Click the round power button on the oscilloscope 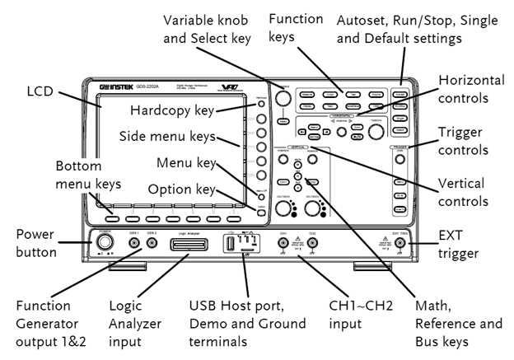(105, 244)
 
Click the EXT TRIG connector (401, 244)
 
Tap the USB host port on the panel (232, 245)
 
